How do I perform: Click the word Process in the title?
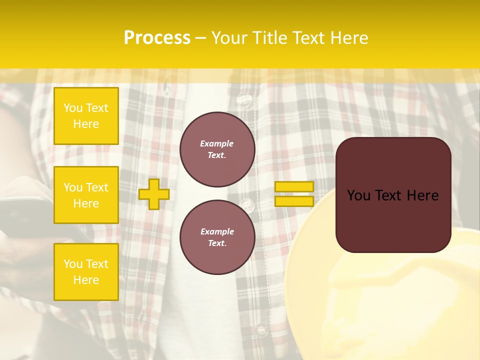[x=157, y=38]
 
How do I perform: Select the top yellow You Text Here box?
[x=86, y=116]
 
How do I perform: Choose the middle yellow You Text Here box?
[x=86, y=195]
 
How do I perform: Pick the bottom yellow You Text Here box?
[x=86, y=272]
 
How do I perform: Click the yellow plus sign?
[x=154, y=194]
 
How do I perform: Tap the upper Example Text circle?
[x=217, y=149]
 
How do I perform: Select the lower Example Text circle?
[x=217, y=237]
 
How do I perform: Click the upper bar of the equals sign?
[x=294, y=186]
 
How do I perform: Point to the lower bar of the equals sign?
[x=294, y=201]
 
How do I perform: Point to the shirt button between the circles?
[x=246, y=204]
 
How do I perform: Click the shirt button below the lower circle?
[x=260, y=330]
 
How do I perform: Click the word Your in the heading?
[x=229, y=38]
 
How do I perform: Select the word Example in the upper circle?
[x=217, y=143]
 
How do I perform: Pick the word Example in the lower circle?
[x=217, y=231]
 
